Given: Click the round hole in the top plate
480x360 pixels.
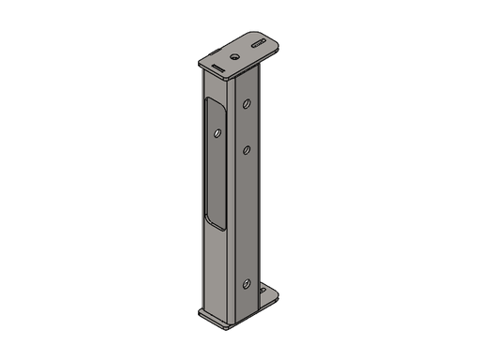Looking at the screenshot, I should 234,55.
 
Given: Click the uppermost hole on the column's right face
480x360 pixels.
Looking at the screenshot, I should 247,104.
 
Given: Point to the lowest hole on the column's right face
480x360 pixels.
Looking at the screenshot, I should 246,283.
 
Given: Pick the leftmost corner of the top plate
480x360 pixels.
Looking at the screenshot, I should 198,62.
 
